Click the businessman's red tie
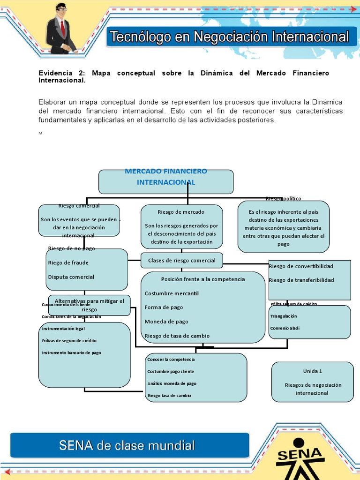click(63, 29)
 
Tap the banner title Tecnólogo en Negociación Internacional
click(229, 37)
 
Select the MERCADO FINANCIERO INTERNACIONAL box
click(166, 181)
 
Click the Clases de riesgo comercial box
click(182, 260)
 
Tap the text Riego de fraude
click(68, 262)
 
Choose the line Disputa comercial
click(71, 277)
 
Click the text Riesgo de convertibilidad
click(301, 266)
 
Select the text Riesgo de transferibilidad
click(301, 280)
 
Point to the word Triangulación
click(284, 316)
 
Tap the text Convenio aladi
click(285, 328)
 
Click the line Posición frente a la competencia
click(203, 279)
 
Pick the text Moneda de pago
click(166, 322)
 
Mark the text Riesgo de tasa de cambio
click(177, 336)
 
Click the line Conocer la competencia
click(171, 360)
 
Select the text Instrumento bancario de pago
click(71, 352)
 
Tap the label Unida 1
click(313, 371)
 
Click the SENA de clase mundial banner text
click(127, 445)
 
